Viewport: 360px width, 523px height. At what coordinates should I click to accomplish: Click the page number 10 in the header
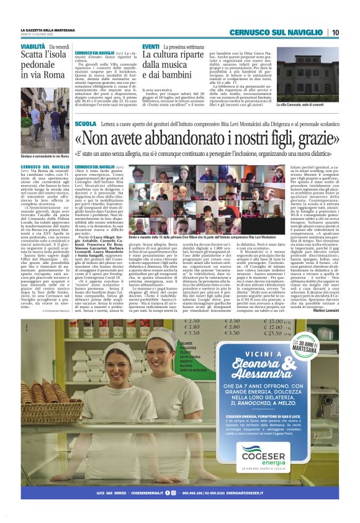click(x=335, y=32)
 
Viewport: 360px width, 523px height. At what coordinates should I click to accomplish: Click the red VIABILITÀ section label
click(x=32, y=47)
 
